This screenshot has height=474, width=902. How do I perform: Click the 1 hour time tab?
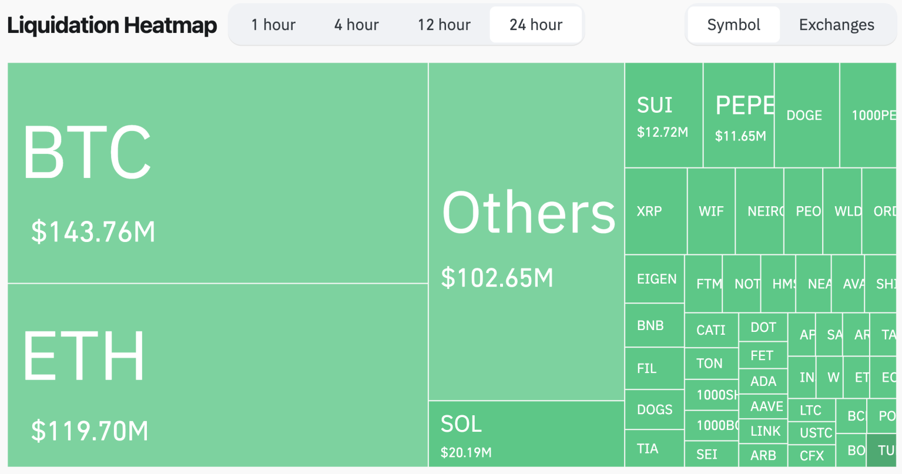coord(273,25)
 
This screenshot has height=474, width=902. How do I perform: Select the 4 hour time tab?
coord(357,25)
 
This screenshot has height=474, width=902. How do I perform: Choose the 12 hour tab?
coord(444,25)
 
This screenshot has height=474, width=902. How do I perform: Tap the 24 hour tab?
coord(536,25)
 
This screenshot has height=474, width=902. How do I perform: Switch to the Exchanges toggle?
coord(836,25)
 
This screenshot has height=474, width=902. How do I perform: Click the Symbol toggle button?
coord(733,25)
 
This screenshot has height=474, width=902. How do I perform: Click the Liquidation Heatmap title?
coord(112,25)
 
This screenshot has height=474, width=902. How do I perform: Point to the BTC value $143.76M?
coord(93,231)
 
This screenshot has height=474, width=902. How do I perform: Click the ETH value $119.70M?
coord(90,431)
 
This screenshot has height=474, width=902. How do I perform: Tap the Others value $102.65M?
coord(497,278)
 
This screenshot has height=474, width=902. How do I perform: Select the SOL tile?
coord(526,434)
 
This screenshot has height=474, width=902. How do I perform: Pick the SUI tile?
coord(663,116)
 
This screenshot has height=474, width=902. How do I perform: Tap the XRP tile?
coord(655,211)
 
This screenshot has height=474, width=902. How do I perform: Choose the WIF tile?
coord(711,211)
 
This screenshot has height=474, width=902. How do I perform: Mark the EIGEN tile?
coord(655,279)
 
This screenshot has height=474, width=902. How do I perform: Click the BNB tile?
coord(654,325)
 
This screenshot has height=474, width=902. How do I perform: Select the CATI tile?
coord(711,330)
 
